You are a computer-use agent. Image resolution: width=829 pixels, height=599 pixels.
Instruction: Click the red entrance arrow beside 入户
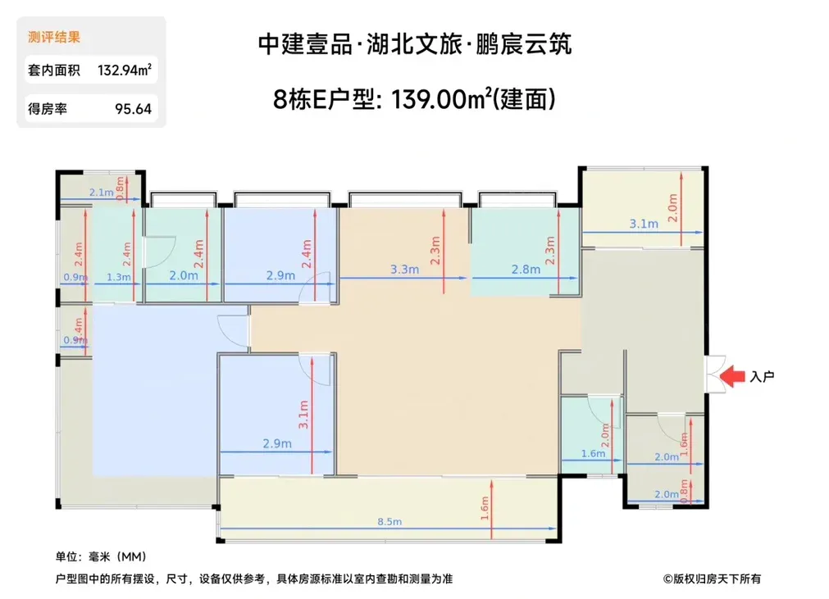coord(733,376)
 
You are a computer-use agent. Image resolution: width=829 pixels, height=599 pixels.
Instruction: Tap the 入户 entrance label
coord(762,377)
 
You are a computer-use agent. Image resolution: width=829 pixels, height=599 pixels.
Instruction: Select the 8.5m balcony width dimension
coord(389,522)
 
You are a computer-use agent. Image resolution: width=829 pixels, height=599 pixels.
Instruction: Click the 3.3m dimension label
coord(404,270)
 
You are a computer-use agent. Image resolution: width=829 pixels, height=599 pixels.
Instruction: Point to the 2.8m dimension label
coord(526,270)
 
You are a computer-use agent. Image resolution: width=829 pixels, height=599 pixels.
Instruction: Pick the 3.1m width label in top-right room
coord(644,224)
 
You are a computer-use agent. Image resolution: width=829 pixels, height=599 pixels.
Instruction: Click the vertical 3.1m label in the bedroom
coord(303,415)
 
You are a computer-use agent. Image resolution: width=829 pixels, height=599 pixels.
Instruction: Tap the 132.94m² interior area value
coord(125,70)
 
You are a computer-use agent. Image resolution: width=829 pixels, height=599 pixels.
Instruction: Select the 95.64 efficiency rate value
coord(133,109)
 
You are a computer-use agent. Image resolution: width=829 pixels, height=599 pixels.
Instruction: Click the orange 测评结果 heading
coord(54,37)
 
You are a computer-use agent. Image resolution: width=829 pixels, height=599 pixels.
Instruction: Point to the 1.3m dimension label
coord(118,277)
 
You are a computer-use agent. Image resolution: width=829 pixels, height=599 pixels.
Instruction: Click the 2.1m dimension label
coord(101,193)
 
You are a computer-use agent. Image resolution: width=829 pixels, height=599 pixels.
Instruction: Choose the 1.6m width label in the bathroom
coord(593,454)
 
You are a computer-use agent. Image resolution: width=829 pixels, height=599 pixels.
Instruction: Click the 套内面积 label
coord(54,70)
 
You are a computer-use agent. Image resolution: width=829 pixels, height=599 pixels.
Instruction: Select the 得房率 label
coord(48,109)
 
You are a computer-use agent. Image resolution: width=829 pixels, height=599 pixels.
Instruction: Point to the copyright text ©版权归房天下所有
coord(713,579)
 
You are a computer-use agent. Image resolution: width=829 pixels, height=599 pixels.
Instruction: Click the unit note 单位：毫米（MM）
coord(101,556)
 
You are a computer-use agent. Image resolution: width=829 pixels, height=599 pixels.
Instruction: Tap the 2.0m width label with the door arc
coord(184,275)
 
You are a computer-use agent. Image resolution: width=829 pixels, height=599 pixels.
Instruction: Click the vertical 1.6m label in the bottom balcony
coord(485,508)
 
